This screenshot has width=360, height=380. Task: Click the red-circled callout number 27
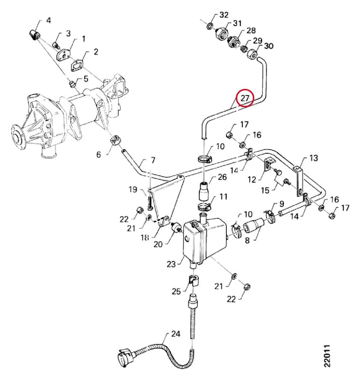[x=245, y=98]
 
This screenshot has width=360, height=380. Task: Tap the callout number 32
[x=224, y=15]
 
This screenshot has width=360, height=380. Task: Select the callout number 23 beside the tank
[x=171, y=264]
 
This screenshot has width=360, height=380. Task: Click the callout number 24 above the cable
[x=175, y=334]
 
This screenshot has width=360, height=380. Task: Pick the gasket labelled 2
[x=77, y=66]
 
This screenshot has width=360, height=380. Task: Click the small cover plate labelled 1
[x=63, y=55]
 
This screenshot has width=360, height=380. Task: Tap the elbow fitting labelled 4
[x=34, y=35]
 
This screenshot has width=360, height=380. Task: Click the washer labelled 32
[x=210, y=26]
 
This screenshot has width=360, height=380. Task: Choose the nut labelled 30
[x=252, y=54]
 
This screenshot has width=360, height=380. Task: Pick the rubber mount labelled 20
[x=177, y=228]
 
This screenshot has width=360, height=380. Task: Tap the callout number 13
[x=313, y=158]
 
